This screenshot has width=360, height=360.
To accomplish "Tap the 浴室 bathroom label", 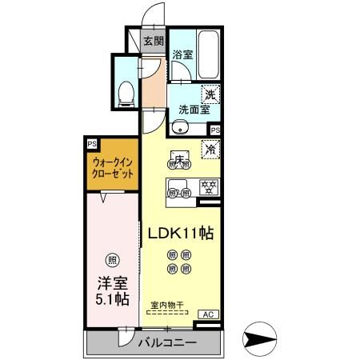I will (182, 55).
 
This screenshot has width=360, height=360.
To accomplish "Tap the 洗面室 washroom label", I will (193, 110).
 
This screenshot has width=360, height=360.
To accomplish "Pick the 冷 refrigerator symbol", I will (211, 148).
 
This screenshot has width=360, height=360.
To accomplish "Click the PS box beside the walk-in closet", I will (93, 144).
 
